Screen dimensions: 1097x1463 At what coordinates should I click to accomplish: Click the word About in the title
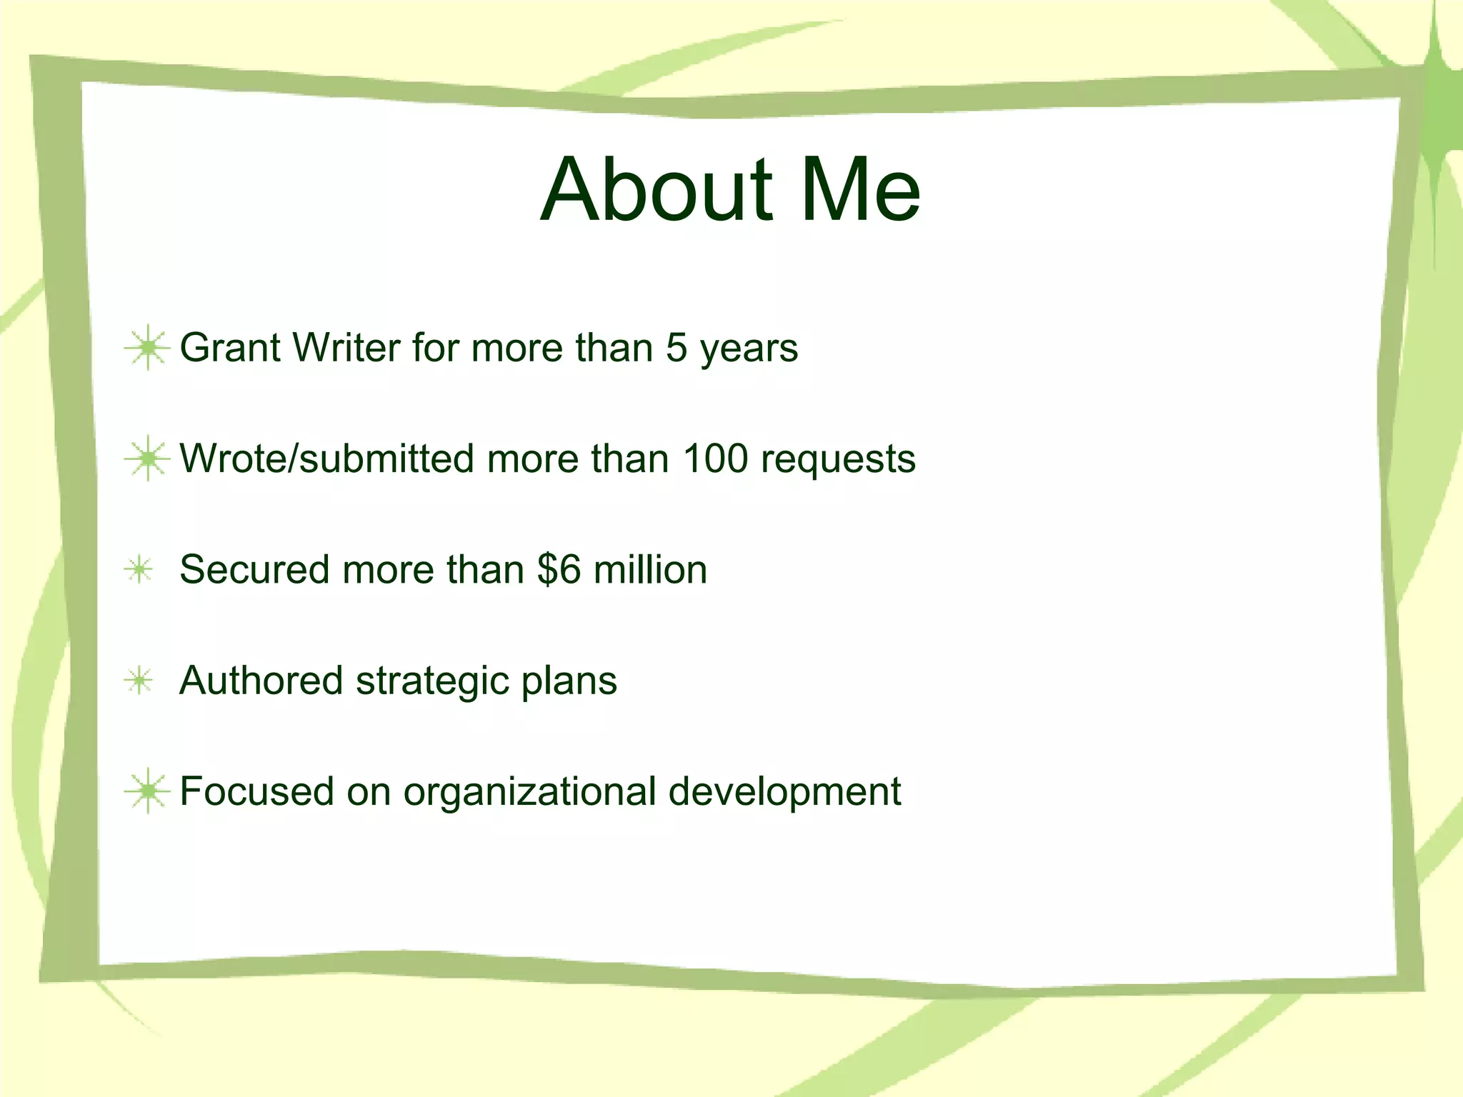[x=656, y=190]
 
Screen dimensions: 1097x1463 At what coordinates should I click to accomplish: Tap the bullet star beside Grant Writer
[x=147, y=348]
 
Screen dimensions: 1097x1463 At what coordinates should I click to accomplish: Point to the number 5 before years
[x=676, y=348]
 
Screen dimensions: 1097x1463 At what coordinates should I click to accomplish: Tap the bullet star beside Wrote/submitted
[x=147, y=459]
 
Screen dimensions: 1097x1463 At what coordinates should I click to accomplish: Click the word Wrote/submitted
[x=326, y=459]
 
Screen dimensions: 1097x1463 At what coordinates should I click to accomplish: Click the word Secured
[x=254, y=570]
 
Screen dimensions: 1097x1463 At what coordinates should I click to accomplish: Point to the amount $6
[x=559, y=570]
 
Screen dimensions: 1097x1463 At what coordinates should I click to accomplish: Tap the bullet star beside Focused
[x=147, y=791]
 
